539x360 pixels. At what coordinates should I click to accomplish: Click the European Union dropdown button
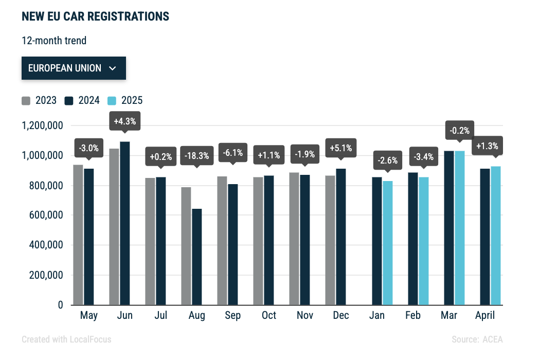pos(74,68)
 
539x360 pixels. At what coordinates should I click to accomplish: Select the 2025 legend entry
pos(125,100)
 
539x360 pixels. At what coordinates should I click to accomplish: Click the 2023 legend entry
pos(39,100)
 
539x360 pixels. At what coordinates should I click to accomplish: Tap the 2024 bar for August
pos(197,257)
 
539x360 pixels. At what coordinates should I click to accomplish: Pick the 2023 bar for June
pos(114,227)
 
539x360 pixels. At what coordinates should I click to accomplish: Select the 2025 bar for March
pos(460,228)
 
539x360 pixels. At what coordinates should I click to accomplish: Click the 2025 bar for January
pos(388,243)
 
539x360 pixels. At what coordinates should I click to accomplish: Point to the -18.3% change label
pos(196,156)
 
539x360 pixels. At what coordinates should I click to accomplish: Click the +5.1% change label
pos(340,148)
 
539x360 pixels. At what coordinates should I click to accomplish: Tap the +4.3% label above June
pos(125,121)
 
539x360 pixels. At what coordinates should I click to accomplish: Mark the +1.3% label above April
pos(487,146)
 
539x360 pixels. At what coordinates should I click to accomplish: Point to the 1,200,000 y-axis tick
pos(42,125)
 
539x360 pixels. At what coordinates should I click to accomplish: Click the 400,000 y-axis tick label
pos(46,245)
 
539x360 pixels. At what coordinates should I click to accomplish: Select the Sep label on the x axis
pos(232,315)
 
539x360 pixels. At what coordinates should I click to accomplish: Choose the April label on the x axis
pos(484,315)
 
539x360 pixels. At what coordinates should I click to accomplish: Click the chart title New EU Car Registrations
pos(95,16)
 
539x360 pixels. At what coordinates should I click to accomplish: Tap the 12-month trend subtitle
pos(54,41)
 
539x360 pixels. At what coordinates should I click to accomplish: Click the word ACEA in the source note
pos(492,339)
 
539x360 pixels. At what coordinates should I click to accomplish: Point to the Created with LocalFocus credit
pos(66,339)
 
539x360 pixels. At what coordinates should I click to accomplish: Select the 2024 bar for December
pos(341,237)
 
